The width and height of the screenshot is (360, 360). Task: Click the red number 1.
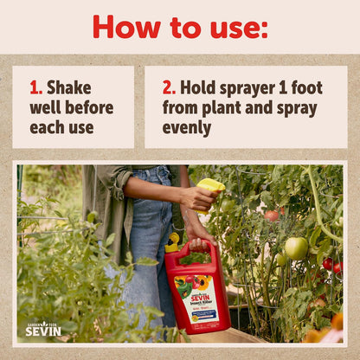[x=35, y=87]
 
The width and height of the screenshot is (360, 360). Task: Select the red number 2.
[x=168, y=87]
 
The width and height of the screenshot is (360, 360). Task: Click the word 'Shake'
[x=68, y=87]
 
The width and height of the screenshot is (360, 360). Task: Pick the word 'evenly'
[x=186, y=128]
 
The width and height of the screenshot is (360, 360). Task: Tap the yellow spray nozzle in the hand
[x=210, y=186]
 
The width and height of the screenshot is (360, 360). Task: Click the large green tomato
[x=296, y=247]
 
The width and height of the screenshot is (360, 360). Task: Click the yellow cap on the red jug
[x=173, y=242]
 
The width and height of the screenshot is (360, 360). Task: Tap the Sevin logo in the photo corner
[x=42, y=329]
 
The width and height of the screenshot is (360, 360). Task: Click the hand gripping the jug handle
[x=197, y=234]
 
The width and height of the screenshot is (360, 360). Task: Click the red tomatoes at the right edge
[x=331, y=265]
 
